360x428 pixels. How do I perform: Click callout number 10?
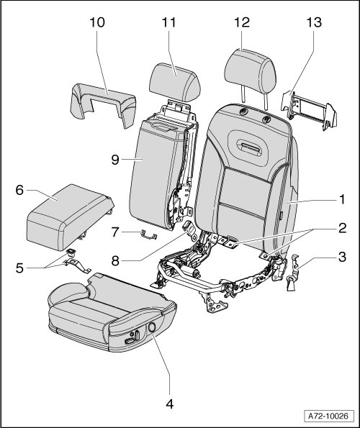tap(97, 22)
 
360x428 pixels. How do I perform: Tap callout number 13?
tap(314, 22)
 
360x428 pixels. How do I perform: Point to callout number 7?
tap(115, 232)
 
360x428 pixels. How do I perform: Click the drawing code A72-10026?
tap(328, 416)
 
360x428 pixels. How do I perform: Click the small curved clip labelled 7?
tap(149, 235)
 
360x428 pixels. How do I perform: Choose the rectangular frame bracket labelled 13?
tap(309, 109)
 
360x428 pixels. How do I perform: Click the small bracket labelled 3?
tap(294, 273)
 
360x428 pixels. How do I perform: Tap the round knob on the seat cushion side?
tap(152, 327)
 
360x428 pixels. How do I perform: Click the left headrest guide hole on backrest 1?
tap(243, 111)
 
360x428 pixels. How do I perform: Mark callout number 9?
tap(115, 160)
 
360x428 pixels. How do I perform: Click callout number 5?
tap(19, 268)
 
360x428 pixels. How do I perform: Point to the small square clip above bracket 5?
tap(71, 253)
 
